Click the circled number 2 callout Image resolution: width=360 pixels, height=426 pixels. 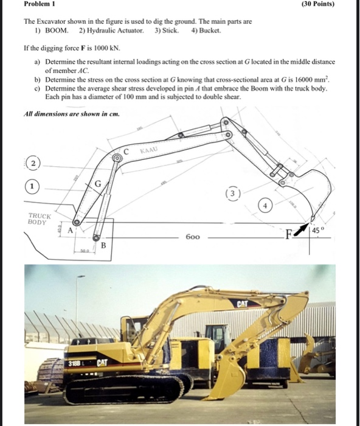tap(34, 164)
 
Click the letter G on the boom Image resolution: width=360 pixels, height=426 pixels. tap(97, 184)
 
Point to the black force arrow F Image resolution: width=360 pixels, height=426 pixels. tap(302, 229)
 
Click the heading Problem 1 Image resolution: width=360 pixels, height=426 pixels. tap(38, 5)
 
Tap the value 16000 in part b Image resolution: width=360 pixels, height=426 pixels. tap(300, 80)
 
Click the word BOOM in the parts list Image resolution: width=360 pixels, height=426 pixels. tap(57, 30)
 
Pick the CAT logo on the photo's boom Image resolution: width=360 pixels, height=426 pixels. tap(243, 302)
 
